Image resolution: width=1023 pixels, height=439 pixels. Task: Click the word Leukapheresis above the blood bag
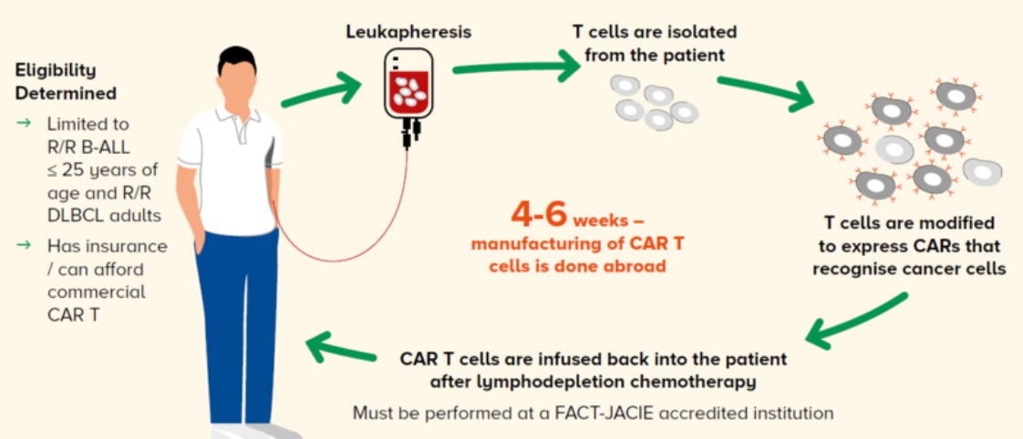tap(408, 32)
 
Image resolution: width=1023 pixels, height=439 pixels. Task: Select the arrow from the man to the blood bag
tap(321, 93)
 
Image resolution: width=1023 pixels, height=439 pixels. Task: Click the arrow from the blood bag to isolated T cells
tap(515, 66)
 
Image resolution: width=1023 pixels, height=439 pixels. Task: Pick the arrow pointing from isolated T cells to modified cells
tap(765, 93)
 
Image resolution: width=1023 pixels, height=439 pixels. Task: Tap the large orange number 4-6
tap(539, 216)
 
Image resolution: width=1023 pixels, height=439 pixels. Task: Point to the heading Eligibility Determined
tap(66, 81)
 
